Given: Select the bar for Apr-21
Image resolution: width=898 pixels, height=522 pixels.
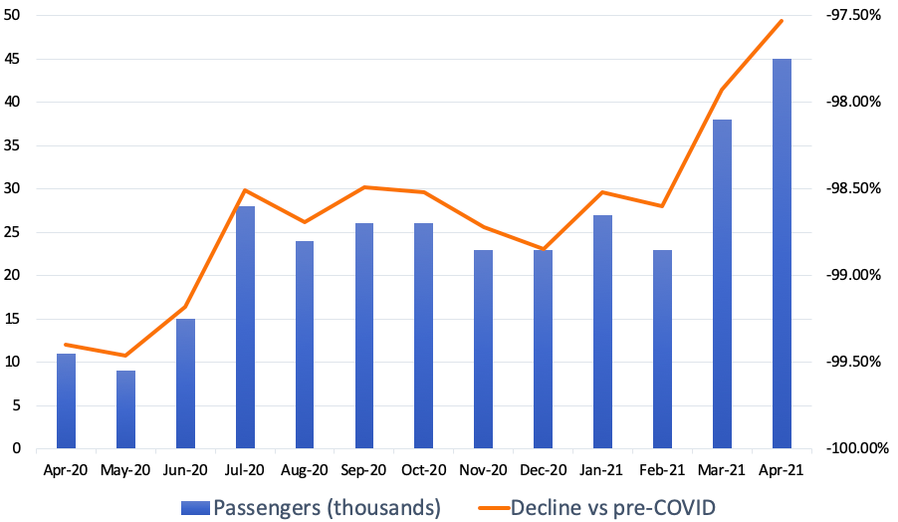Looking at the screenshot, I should tap(782, 253).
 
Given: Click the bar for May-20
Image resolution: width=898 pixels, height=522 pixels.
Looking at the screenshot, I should tap(125, 409).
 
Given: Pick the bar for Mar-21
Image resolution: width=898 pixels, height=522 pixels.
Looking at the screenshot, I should tap(722, 284).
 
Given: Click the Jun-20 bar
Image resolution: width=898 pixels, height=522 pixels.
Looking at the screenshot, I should tap(185, 384).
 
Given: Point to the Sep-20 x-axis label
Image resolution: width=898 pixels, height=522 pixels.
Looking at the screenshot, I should tap(363, 469).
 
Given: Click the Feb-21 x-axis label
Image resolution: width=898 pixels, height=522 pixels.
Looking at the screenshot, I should tap(662, 469).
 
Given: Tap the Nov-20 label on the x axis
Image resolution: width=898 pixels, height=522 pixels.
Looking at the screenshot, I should tap(483, 469).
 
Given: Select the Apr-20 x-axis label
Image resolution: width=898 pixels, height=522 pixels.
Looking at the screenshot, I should tap(66, 469).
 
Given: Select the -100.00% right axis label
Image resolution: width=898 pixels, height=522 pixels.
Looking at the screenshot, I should tap(851, 448).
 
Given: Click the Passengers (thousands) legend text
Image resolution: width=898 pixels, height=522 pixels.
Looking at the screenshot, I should tap(327, 507).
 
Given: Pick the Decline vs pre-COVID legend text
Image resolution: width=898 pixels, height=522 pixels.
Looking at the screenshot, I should tap(612, 507).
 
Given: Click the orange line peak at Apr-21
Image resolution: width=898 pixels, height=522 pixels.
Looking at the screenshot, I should tap(782, 20).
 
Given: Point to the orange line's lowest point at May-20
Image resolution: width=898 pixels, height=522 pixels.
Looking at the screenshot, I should tap(125, 356).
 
